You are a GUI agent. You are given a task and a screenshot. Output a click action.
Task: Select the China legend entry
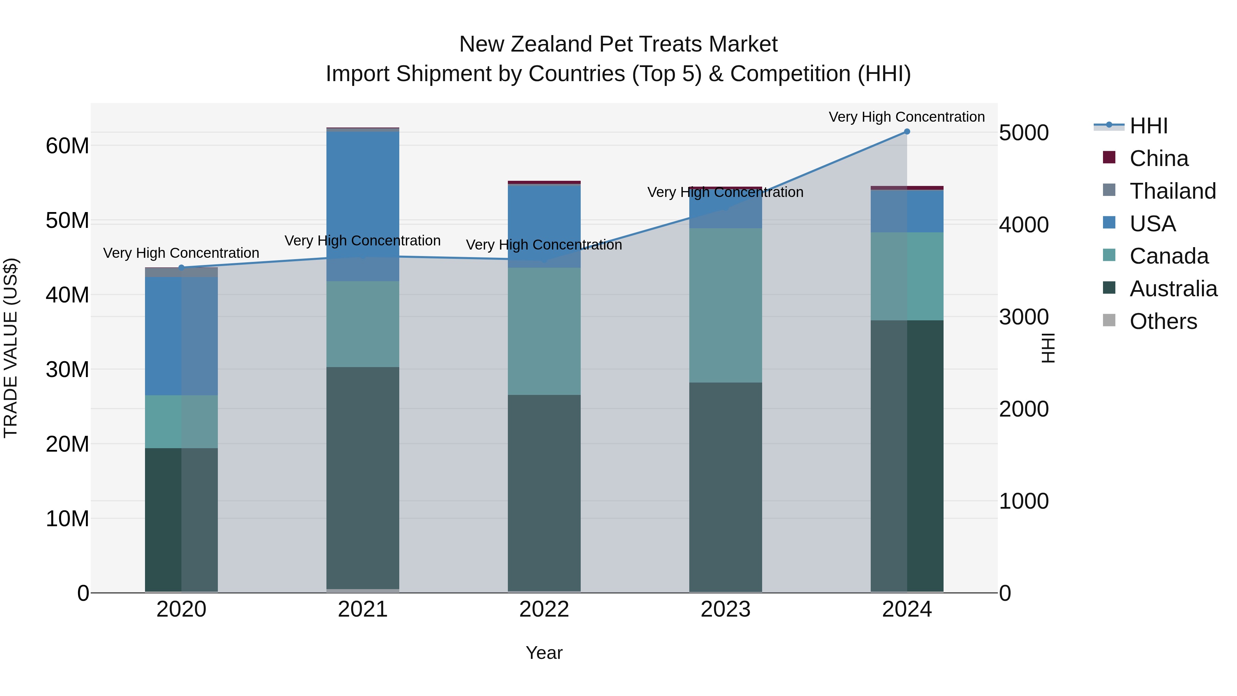pos(1158,158)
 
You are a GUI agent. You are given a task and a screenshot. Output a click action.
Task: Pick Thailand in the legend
pos(1172,191)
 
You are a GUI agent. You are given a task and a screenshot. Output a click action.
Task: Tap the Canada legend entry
pos(1168,256)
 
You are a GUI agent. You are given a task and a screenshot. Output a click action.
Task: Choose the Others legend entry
pos(1162,321)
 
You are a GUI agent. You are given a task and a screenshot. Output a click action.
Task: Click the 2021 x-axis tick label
pos(363,609)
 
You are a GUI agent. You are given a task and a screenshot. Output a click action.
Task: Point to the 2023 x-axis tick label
pos(725,609)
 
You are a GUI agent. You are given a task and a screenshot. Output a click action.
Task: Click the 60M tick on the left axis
pos(67,145)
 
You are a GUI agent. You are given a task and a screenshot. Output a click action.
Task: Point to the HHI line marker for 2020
pos(181,267)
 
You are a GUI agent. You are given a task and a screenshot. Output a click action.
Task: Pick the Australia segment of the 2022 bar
pos(544,492)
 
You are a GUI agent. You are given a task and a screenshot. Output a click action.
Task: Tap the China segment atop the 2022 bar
pos(544,183)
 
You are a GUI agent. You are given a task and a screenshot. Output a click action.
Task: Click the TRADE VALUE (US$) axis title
pos(11,348)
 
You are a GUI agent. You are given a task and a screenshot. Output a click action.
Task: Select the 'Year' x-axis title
pos(544,653)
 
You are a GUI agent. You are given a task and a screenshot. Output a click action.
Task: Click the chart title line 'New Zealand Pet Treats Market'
pos(618,44)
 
